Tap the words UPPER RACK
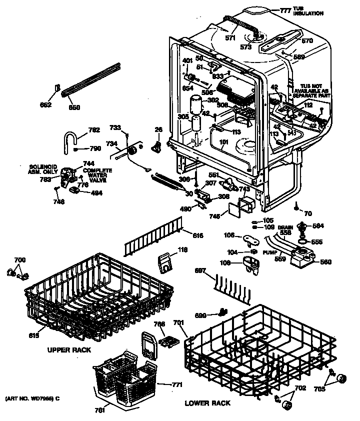(x=69, y=350)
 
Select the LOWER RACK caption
(x=207, y=403)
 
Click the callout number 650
(x=74, y=107)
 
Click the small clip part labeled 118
(x=164, y=262)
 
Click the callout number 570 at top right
(x=307, y=40)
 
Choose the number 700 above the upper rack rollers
(x=19, y=260)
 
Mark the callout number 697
(x=200, y=270)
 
